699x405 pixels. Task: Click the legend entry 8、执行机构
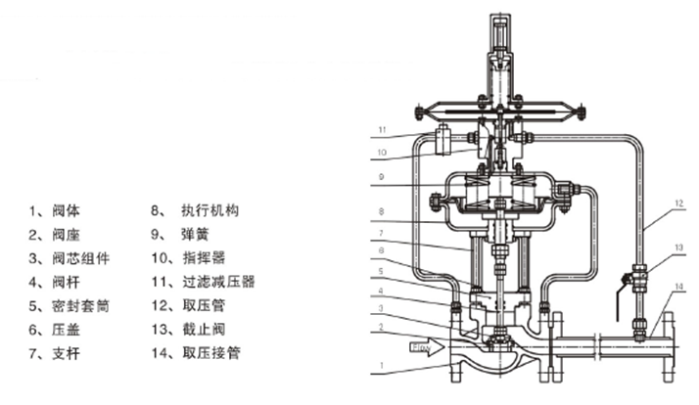pos(196,210)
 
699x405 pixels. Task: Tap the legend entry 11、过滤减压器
pos(202,282)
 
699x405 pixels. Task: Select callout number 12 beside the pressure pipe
pos(678,202)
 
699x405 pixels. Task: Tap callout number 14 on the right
pos(678,287)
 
